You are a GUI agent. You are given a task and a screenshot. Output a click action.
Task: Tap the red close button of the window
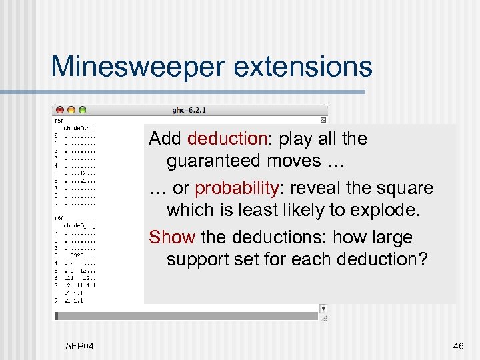click(60, 109)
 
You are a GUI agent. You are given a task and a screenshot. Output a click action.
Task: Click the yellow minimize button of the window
click(71, 109)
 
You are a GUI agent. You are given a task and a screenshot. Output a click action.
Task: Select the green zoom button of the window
click(82, 109)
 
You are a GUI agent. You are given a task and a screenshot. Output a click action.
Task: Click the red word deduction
click(227, 139)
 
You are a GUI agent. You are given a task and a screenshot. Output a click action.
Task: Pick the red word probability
click(237, 188)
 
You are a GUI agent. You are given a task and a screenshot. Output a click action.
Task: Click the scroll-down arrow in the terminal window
click(323, 309)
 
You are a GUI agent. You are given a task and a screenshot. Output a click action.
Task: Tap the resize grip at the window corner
click(323, 318)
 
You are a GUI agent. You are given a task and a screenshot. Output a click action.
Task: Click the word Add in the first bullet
click(165, 139)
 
